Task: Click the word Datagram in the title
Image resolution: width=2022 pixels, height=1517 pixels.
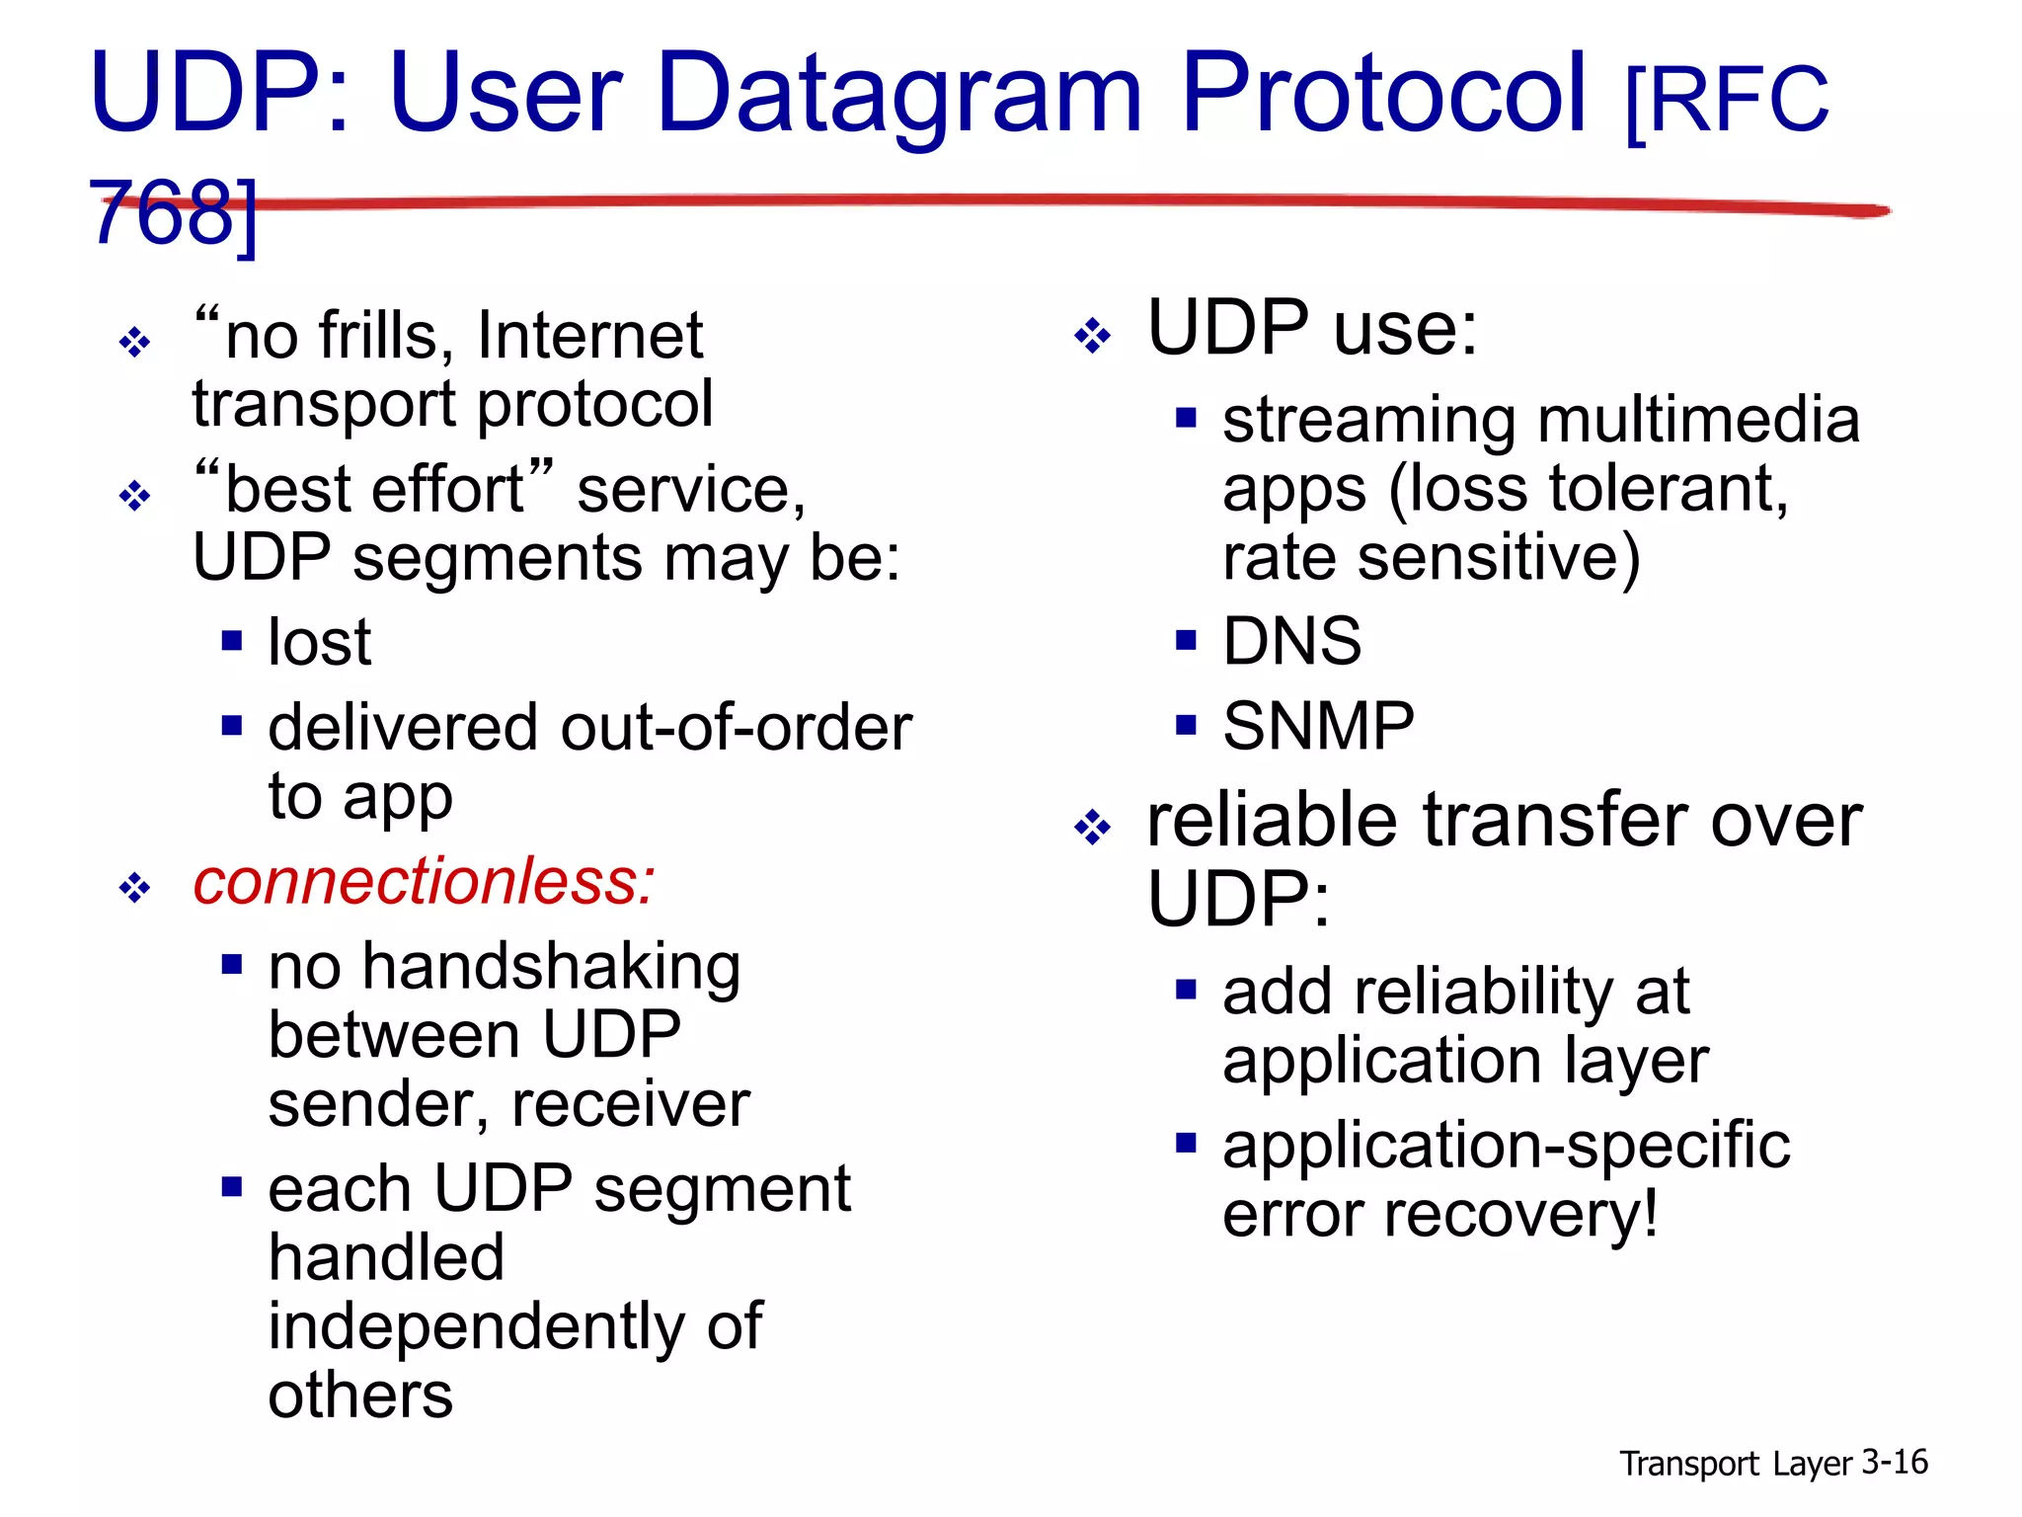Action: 898,94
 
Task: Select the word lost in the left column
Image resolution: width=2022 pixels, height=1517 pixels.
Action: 319,643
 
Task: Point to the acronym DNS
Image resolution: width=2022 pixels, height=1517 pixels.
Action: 1291,642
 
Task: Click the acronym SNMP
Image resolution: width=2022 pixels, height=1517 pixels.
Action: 1318,727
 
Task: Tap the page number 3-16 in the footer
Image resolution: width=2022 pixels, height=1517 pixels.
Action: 1894,1462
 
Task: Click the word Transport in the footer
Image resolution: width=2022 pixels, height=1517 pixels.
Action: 1688,1464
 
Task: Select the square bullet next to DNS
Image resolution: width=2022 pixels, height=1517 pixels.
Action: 1186,642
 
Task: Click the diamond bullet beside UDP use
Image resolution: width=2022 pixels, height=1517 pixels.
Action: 1092,336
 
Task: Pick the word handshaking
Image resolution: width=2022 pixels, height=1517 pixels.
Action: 551,968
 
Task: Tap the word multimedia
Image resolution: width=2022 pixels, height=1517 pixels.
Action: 1698,420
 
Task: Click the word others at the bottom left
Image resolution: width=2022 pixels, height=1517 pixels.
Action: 360,1396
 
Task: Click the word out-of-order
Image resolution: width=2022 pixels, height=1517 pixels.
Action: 736,729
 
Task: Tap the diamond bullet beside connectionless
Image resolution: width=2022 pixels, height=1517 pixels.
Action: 134,888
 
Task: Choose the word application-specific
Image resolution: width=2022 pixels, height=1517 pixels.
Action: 1506,1146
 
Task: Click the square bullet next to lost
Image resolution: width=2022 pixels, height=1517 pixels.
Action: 232,642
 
